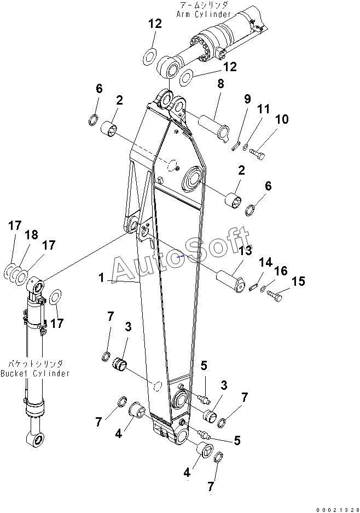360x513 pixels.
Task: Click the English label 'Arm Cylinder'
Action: click(x=204, y=14)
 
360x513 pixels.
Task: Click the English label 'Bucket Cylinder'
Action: click(x=35, y=373)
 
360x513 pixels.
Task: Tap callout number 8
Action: click(x=220, y=84)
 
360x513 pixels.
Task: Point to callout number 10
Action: click(x=282, y=119)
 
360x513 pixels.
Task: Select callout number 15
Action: click(x=298, y=281)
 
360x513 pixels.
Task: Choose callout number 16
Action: click(x=281, y=271)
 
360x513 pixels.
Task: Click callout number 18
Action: click(x=32, y=235)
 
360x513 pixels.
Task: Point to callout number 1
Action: click(x=101, y=278)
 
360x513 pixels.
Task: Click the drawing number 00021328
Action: click(x=337, y=508)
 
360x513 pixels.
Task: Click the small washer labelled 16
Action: click(x=263, y=289)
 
